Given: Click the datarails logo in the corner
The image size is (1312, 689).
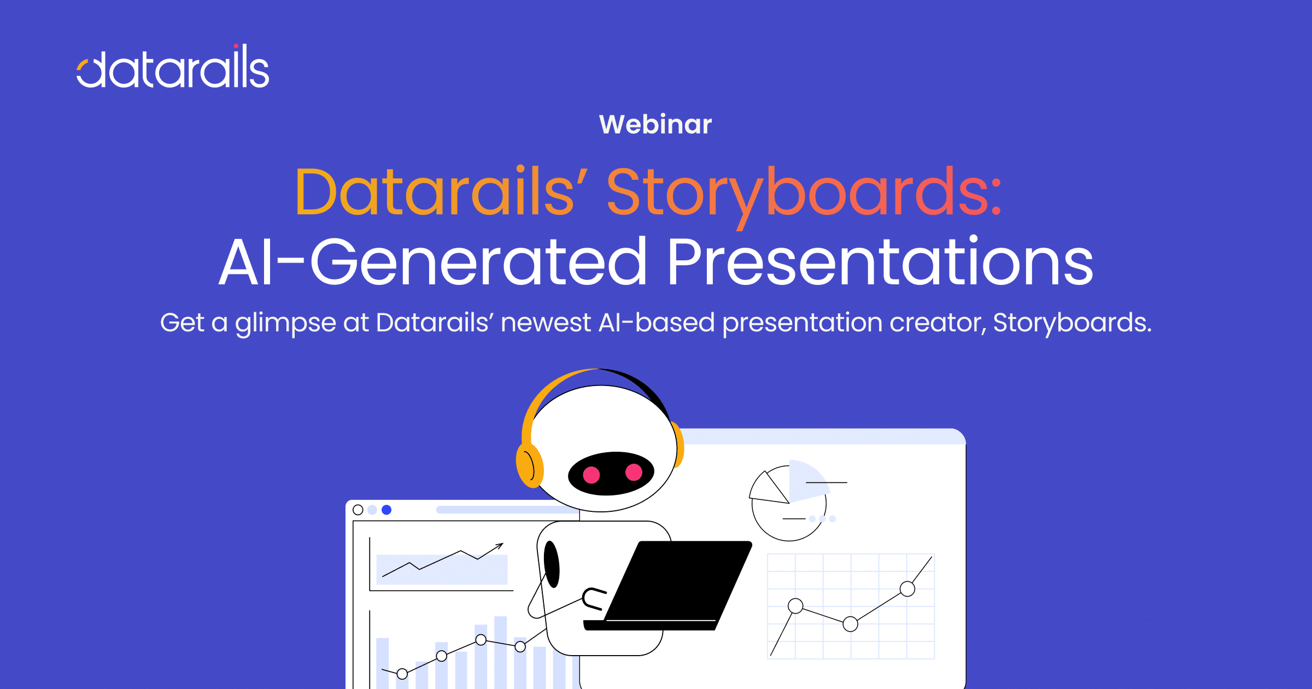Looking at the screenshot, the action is click(173, 66).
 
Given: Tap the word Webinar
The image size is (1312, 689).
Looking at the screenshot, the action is click(655, 124).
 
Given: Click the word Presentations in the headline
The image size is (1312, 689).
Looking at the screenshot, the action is click(881, 261).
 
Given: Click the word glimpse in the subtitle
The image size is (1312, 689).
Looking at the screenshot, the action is click(285, 323).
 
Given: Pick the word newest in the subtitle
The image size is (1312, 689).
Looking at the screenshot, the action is click(546, 323).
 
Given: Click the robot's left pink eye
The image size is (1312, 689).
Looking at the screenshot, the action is click(591, 474).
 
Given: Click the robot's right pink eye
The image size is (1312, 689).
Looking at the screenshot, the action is click(634, 471).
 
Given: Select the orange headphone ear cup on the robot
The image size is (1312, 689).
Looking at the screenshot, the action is click(530, 465).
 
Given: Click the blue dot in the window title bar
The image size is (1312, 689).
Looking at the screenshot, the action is click(386, 510).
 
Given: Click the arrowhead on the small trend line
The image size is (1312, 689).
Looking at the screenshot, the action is click(500, 545).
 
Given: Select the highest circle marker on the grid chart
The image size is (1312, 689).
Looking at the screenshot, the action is click(907, 589).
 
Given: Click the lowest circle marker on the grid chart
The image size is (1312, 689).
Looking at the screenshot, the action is click(851, 624).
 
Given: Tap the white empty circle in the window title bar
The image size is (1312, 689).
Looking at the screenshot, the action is click(358, 510).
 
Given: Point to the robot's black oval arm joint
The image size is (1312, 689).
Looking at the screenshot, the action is click(552, 564).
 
